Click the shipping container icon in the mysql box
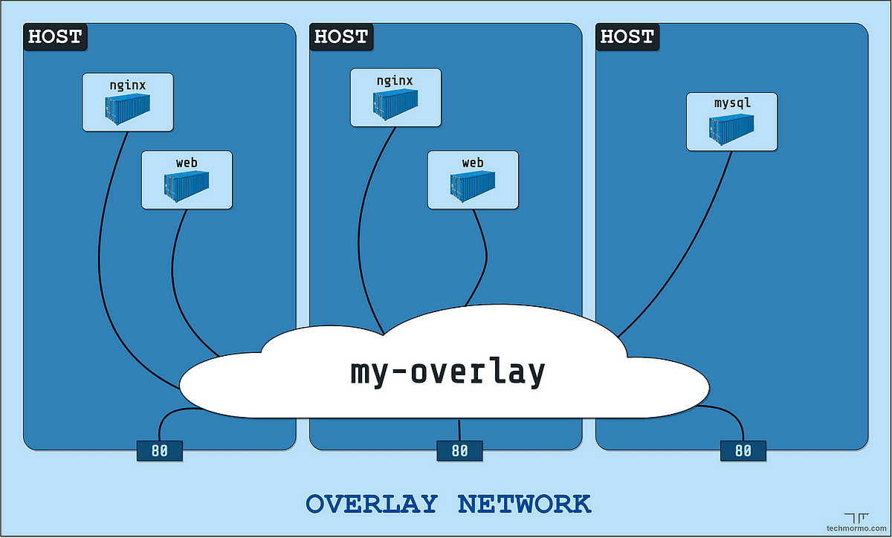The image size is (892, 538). (x=731, y=128)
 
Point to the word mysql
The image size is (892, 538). (x=732, y=103)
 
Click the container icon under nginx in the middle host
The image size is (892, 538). (x=395, y=105)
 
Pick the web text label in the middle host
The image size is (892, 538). (x=473, y=162)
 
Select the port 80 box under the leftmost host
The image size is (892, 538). (x=159, y=450)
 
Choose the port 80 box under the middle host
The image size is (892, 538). (x=459, y=450)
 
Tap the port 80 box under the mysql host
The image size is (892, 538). (x=743, y=450)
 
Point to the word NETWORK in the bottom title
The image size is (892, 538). (x=524, y=504)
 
